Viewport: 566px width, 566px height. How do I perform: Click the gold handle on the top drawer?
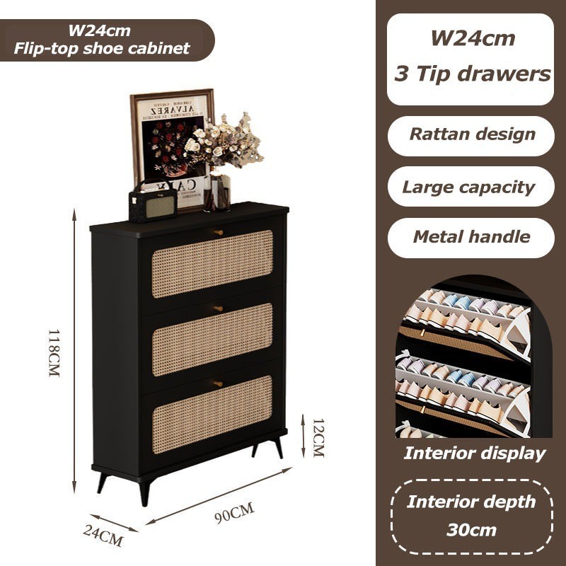click(x=219, y=231)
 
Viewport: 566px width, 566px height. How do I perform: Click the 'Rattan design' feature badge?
click(x=471, y=134)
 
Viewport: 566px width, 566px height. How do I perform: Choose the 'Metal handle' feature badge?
click(x=471, y=236)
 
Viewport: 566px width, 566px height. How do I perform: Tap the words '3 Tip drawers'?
click(x=472, y=74)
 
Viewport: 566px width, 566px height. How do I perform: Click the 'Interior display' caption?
click(x=474, y=454)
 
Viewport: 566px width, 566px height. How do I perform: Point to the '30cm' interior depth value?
click(x=472, y=529)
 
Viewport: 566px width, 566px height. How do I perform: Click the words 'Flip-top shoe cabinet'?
click(x=103, y=49)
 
